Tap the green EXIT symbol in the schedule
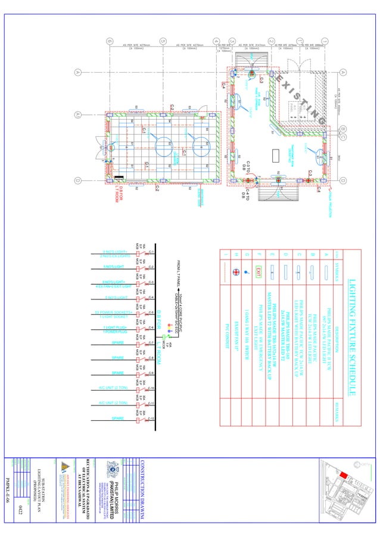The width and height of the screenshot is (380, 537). click(259, 272)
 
